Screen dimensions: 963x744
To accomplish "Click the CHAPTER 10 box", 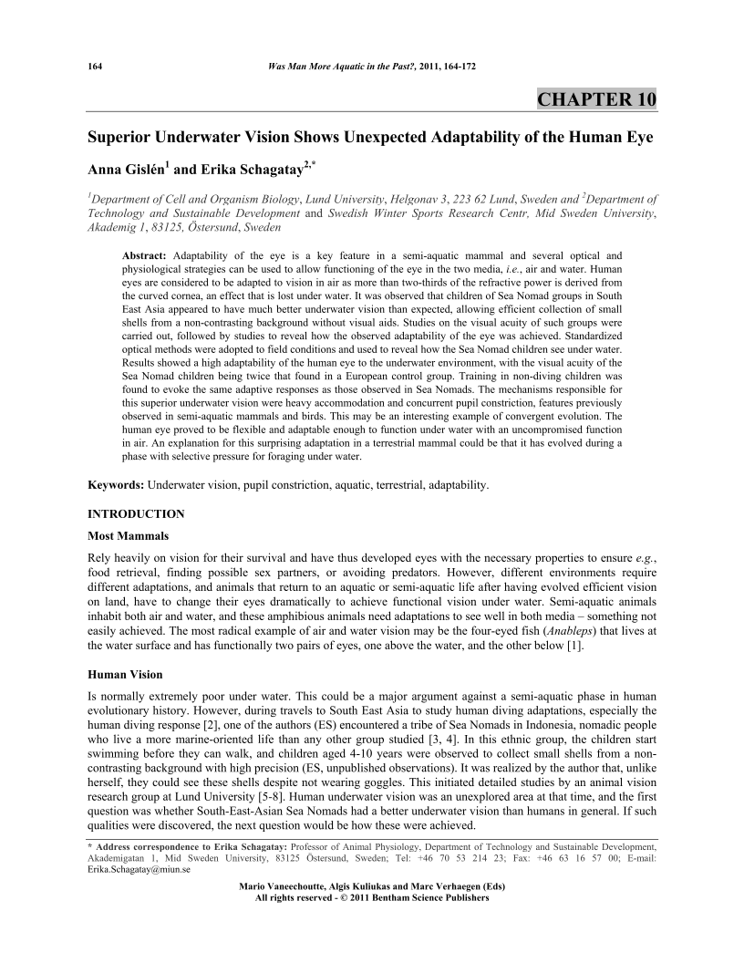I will [596, 99].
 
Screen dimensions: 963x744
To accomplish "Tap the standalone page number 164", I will [94, 67].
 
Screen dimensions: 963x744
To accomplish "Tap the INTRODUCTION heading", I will [136, 514].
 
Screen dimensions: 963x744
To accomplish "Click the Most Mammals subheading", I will [128, 535].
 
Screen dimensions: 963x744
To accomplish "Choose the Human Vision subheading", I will [125, 676].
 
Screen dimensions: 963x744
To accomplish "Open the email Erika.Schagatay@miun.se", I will [132, 870].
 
